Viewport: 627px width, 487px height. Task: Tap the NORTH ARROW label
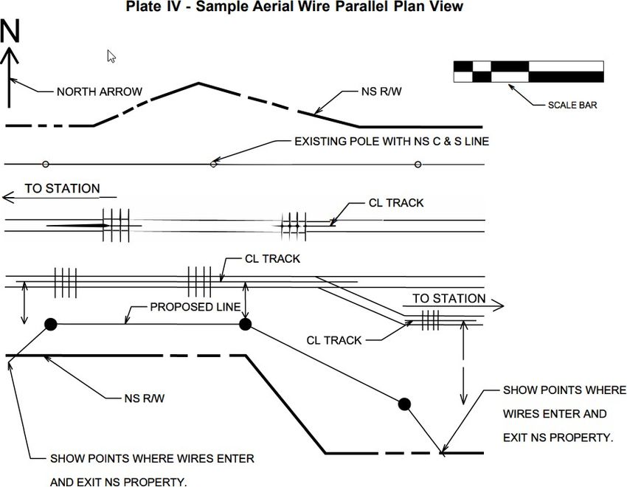[x=100, y=91]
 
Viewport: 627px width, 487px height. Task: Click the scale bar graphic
[x=529, y=72]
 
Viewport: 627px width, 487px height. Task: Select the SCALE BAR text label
[x=572, y=106]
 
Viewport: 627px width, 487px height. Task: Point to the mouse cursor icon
[x=111, y=56]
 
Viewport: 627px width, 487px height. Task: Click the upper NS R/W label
[x=381, y=91]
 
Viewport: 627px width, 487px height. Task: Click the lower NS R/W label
[x=145, y=398]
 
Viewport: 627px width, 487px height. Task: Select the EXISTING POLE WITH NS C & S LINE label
[x=392, y=142]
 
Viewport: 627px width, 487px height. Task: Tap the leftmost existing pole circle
[x=46, y=165]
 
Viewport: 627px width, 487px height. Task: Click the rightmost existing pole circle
[x=418, y=165]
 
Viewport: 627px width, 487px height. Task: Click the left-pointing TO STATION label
[x=63, y=188]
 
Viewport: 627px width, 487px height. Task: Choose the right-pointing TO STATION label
[x=449, y=298]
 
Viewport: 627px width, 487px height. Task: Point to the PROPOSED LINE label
[x=195, y=307]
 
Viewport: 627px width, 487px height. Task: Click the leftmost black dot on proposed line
[x=50, y=324]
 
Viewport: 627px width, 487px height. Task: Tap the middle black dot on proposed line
[x=245, y=324]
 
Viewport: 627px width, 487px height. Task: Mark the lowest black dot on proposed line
[x=404, y=404]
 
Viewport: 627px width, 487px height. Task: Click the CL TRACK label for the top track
[x=396, y=203]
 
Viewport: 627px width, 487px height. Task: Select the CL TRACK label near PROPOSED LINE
[x=272, y=259]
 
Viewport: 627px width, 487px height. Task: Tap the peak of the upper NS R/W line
[x=198, y=83]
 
